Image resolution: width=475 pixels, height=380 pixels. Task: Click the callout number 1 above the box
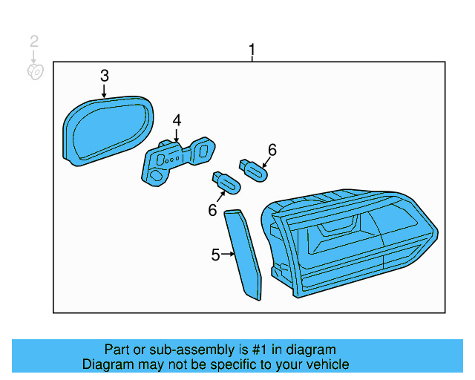coord(252,50)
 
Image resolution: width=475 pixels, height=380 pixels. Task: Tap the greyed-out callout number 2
coord(34,42)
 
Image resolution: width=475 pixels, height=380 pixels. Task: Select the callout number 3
coord(105,75)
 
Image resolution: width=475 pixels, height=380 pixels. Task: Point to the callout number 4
coord(177,120)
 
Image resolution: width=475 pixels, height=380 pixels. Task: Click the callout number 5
coord(215,255)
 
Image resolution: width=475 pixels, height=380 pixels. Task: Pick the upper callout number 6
coord(272,150)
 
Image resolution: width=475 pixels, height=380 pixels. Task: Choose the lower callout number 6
coord(212,211)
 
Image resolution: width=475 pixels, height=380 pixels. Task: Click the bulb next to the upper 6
coord(252,170)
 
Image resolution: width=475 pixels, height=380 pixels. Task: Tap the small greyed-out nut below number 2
coord(36,71)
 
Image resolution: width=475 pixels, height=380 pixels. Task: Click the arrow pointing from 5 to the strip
coord(229,255)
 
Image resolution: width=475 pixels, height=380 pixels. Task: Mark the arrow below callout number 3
coord(105,91)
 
